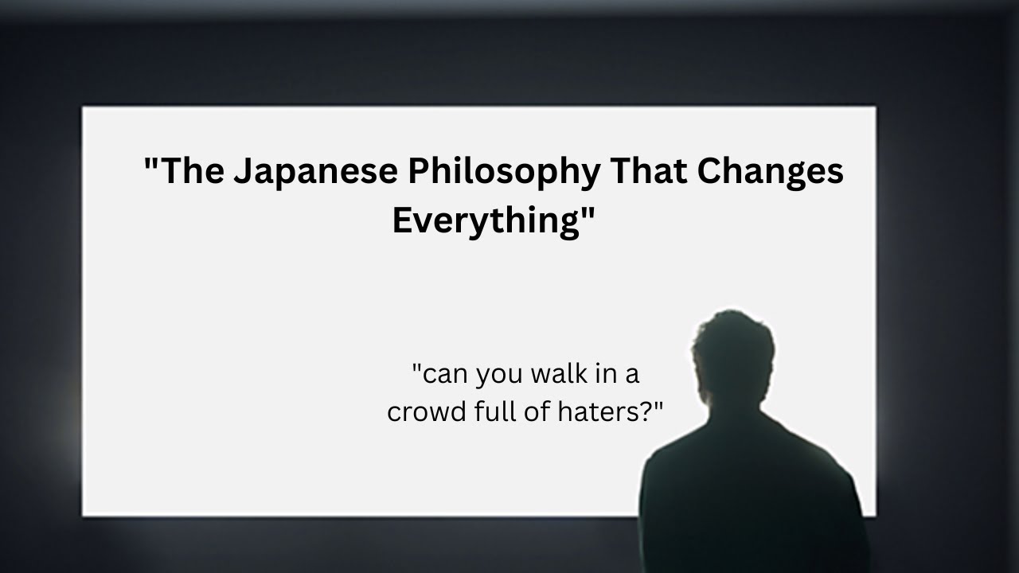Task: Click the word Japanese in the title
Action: tap(316, 172)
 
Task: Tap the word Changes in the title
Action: tap(770, 172)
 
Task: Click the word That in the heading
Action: tap(649, 171)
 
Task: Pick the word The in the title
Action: tap(192, 171)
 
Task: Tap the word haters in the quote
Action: tap(597, 411)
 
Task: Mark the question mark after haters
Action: tap(645, 411)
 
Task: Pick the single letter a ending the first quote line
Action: tap(632, 375)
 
